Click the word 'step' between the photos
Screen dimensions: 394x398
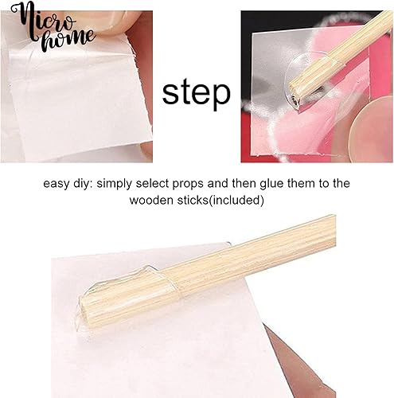[196, 94]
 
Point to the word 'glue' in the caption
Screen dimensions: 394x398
[271, 184]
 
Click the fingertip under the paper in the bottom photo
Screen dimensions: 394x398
[300, 366]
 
